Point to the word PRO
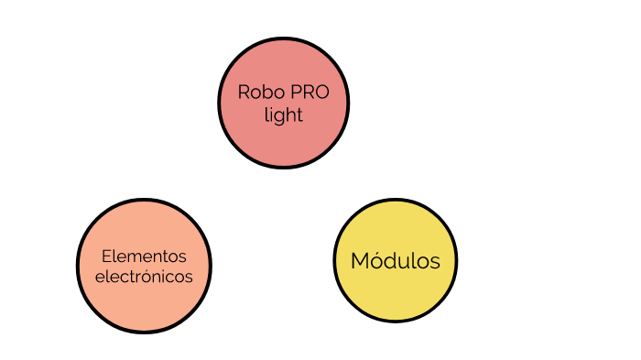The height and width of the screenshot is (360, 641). [307, 93]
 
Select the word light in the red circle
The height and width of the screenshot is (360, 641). [283, 115]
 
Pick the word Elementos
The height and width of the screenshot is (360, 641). [144, 255]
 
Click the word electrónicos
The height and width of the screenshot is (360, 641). [144, 276]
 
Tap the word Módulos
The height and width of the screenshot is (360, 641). [396, 261]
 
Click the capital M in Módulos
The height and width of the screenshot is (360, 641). [359, 261]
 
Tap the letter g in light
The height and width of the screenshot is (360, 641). [280, 117]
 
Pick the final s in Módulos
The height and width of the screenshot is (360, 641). [435, 262]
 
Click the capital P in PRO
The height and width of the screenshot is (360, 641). [293, 93]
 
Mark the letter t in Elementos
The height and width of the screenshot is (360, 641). [168, 255]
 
